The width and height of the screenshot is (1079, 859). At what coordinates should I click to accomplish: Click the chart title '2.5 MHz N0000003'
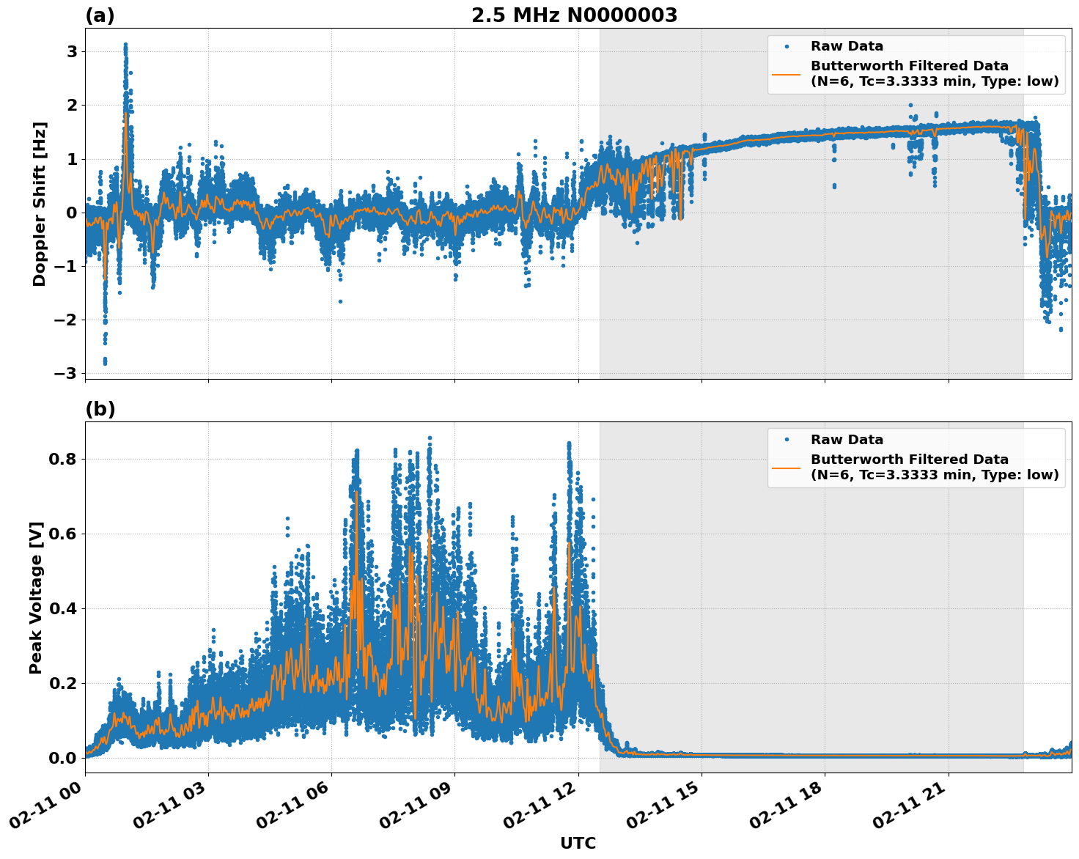tap(574, 15)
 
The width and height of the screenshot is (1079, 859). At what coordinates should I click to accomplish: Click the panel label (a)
tap(100, 15)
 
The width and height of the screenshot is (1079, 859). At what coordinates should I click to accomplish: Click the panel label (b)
tap(100, 409)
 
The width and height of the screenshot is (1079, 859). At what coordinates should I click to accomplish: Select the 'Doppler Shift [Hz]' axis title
tap(40, 204)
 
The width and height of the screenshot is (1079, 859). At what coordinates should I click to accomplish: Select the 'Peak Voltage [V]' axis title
tap(36, 597)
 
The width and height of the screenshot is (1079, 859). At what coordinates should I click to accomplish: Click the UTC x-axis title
tap(578, 843)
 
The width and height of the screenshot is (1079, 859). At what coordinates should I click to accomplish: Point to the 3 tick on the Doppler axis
tap(72, 51)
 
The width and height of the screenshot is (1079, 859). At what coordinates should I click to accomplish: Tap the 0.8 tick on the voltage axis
tap(63, 460)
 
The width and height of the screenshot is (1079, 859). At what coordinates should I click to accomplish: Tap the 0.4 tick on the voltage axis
tap(63, 608)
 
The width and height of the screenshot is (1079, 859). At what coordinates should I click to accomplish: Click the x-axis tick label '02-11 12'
tap(539, 814)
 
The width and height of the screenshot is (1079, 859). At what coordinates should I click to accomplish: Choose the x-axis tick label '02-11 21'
tap(909, 814)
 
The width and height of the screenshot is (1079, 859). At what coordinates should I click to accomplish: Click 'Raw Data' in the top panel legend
tap(847, 46)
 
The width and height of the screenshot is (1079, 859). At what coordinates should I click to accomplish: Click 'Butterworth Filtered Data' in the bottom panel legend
tap(909, 460)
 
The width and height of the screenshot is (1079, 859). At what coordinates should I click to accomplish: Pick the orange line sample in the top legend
tap(787, 73)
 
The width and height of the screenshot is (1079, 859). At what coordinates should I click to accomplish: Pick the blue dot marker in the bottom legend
tap(787, 440)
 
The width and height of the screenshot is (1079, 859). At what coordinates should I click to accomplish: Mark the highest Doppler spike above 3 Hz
tap(125, 45)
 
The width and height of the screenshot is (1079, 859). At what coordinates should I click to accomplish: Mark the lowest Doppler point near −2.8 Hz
tap(105, 363)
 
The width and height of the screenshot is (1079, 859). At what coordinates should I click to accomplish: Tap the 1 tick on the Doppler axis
tap(72, 159)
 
